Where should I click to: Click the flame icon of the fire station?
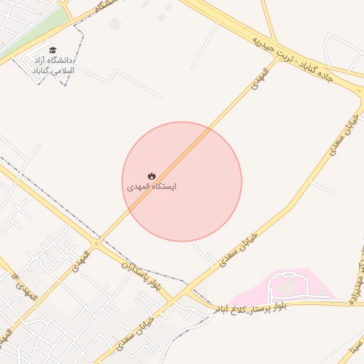[x=151, y=176]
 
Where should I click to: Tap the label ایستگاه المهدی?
[x=151, y=187]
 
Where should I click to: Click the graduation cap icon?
[x=53, y=50]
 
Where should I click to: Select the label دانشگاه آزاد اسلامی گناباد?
[x=53, y=66]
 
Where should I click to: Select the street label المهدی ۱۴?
[x=23, y=284]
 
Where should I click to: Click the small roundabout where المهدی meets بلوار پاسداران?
[x=97, y=242]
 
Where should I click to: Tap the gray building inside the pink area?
[x=289, y=287]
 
